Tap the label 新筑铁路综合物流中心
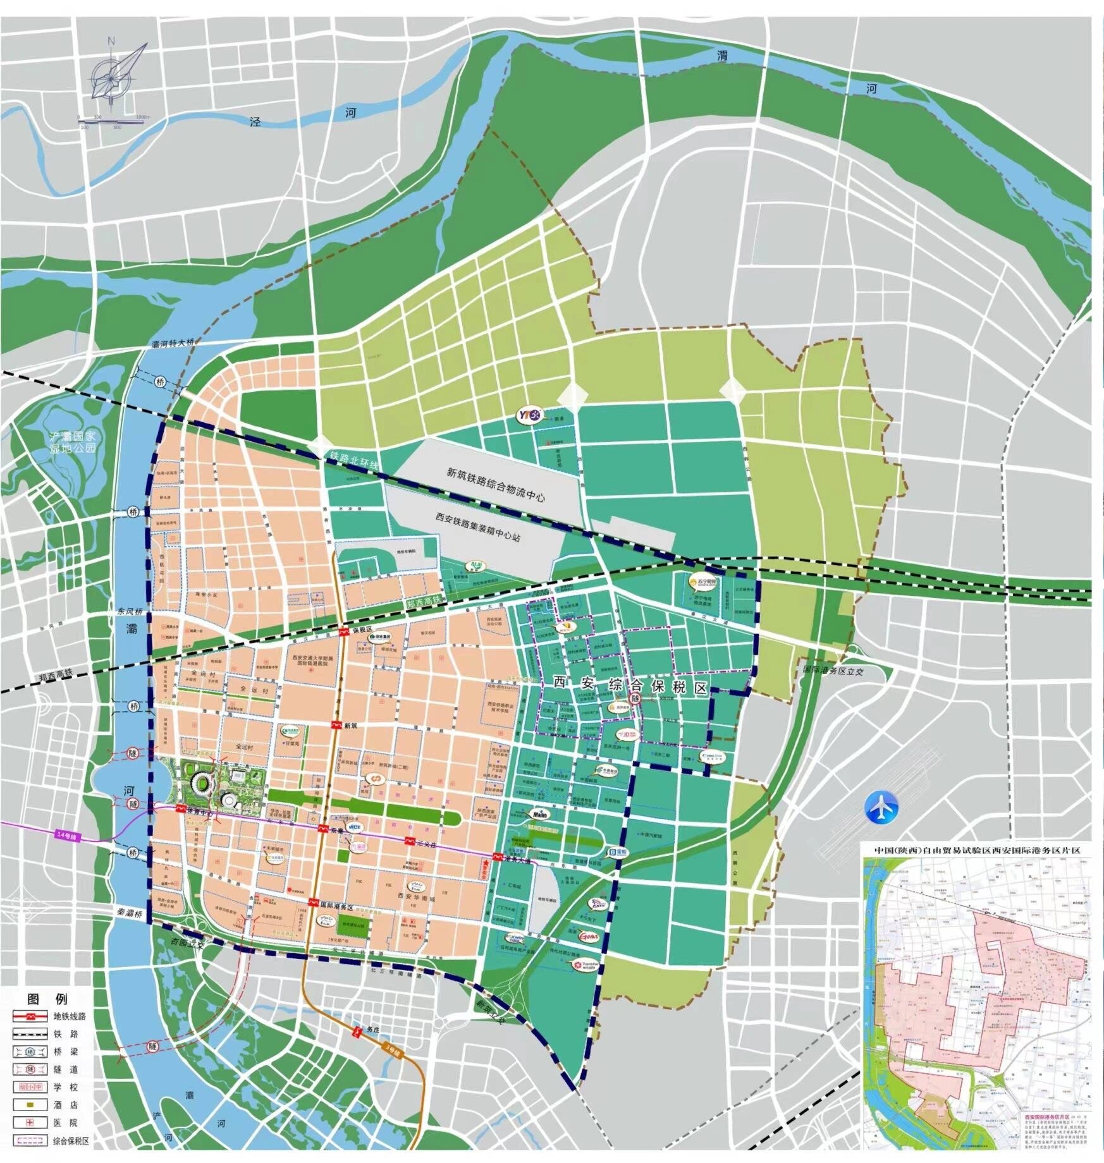(x=496, y=484)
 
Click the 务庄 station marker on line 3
(x=357, y=1032)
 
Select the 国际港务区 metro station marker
(x=313, y=904)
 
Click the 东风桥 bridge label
(x=131, y=611)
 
